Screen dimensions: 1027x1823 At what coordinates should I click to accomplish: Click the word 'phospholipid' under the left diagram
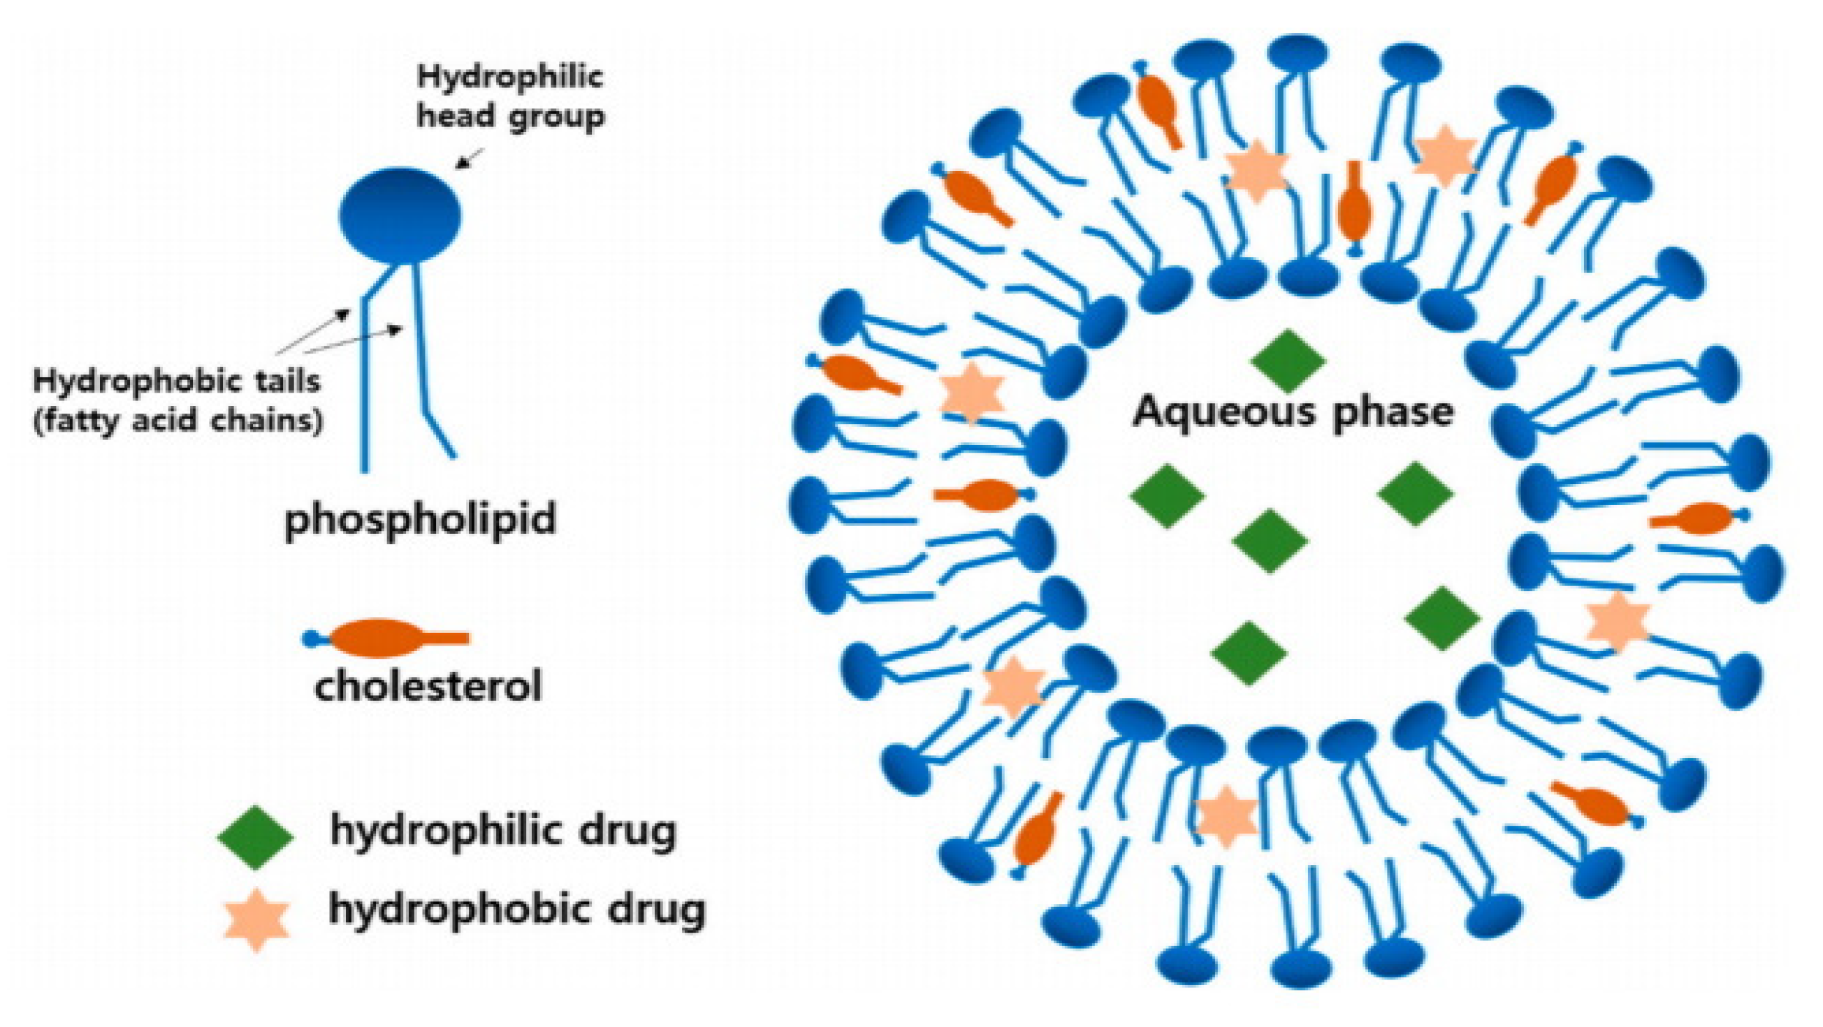421,521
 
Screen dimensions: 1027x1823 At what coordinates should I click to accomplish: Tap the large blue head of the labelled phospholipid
400,216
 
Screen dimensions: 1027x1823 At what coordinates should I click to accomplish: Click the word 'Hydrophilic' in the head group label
509,76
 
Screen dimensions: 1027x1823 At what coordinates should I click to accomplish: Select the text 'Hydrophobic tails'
177,382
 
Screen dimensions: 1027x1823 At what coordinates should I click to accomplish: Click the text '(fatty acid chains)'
178,421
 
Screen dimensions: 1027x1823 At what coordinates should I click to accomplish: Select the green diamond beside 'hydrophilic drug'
255,837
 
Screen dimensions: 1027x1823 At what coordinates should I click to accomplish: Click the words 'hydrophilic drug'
503,831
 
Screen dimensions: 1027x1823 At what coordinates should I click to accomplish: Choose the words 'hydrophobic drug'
516,910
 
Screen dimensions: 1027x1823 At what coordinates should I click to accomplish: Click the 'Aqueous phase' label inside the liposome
1292,412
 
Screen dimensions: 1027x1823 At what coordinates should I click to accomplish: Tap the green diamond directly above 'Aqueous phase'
1287,361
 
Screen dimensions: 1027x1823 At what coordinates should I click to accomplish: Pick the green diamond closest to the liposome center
1270,541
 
